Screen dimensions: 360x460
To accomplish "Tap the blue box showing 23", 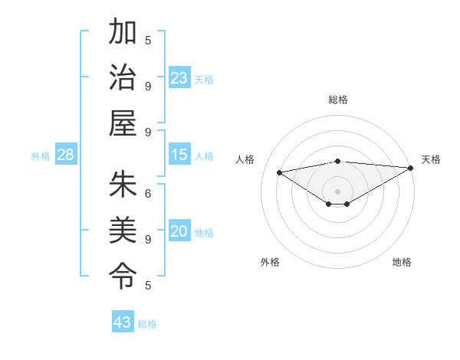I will [179, 77].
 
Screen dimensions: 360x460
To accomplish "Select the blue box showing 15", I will [179, 155].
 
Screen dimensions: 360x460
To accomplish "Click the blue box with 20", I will [179, 231].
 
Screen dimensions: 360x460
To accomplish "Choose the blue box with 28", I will [66, 155].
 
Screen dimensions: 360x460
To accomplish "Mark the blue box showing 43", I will [123, 322].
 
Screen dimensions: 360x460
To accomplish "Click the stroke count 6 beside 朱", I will [148, 194].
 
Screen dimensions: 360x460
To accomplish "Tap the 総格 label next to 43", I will [147, 324].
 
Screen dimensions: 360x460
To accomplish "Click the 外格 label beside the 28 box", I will [41, 156].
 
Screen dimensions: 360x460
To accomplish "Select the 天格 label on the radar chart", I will [431, 159].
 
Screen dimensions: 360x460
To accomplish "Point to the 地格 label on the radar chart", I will [402, 262].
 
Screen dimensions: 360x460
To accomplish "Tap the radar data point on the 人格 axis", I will [279, 172].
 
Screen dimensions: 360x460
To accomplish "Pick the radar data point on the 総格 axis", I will [338, 161].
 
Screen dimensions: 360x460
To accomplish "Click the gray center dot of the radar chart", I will [338, 191].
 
